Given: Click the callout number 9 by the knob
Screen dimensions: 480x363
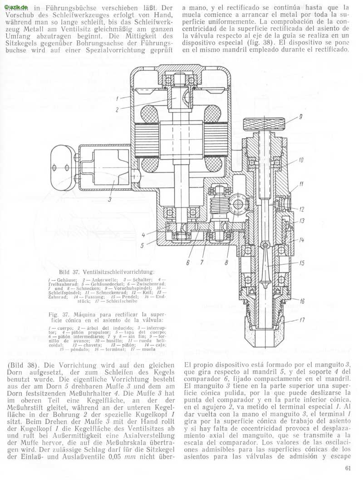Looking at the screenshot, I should click(300, 117).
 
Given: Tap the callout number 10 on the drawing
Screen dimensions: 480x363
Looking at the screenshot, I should click(301, 160).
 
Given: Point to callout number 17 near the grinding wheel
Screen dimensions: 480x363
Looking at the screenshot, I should click(301, 322).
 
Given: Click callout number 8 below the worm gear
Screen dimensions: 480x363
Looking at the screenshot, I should click(226, 262).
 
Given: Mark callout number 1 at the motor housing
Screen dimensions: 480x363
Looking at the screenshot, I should click(117, 98).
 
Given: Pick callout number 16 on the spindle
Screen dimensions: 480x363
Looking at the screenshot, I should click(301, 301).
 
